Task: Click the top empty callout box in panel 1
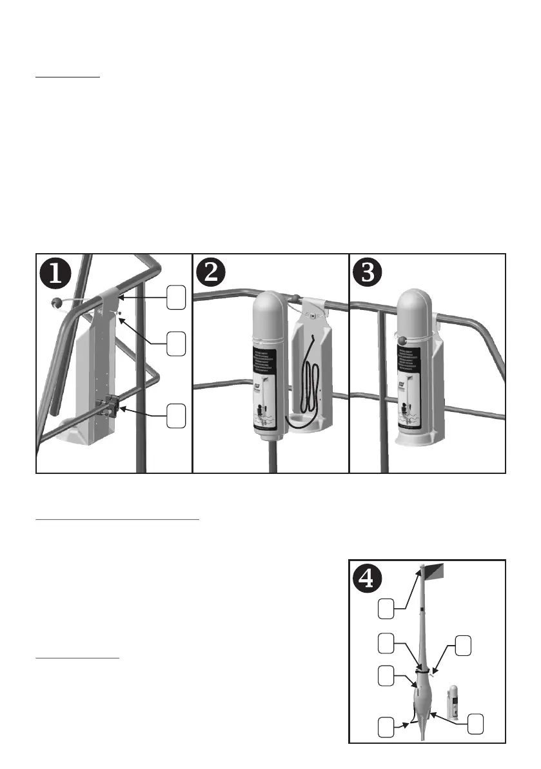pos(177,297)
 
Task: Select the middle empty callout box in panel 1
pos(177,342)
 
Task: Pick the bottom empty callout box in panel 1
pos(177,415)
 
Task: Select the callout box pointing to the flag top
pos(386,608)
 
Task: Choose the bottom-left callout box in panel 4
pos(386,726)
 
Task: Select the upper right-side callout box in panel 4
pos(464,646)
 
